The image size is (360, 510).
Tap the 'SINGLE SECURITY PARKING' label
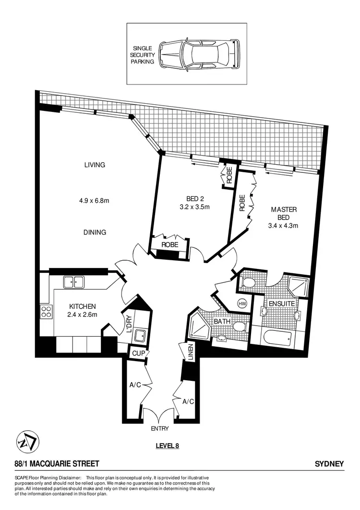(144, 55)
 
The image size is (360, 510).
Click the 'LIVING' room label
(95, 165)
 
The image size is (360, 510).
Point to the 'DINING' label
(95, 232)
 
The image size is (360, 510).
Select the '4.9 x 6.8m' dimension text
(95, 200)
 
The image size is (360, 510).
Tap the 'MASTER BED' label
(284, 213)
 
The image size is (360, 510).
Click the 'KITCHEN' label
(83, 306)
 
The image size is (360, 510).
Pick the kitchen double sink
(74, 281)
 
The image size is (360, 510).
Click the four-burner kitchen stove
(46, 311)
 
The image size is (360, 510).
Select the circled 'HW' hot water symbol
(242, 304)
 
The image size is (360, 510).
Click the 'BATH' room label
(222, 321)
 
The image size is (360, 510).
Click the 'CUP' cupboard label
(136, 353)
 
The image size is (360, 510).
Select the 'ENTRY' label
(159, 428)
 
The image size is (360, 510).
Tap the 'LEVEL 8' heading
(167, 445)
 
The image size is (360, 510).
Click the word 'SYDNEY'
(329, 463)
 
